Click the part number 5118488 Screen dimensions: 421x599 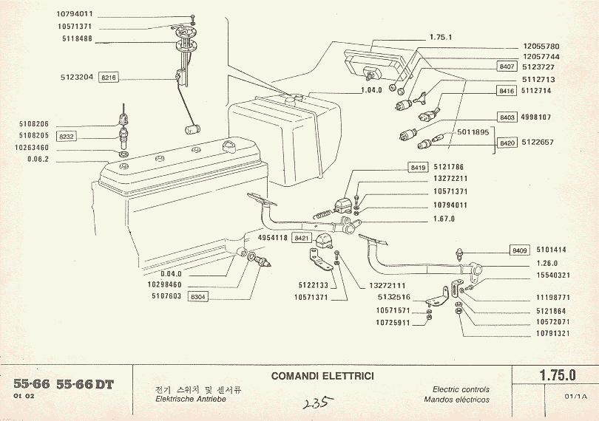76,38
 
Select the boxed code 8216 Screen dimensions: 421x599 109,77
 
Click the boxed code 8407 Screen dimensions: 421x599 507,66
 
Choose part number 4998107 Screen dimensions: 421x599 541,117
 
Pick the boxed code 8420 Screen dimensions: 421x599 507,143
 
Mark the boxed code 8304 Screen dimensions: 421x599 199,296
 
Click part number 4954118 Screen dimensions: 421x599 272,238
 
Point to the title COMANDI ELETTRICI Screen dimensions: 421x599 322,376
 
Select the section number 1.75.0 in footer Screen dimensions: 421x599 557,375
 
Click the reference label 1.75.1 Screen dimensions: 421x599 441,36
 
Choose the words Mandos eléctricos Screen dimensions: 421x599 457,400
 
